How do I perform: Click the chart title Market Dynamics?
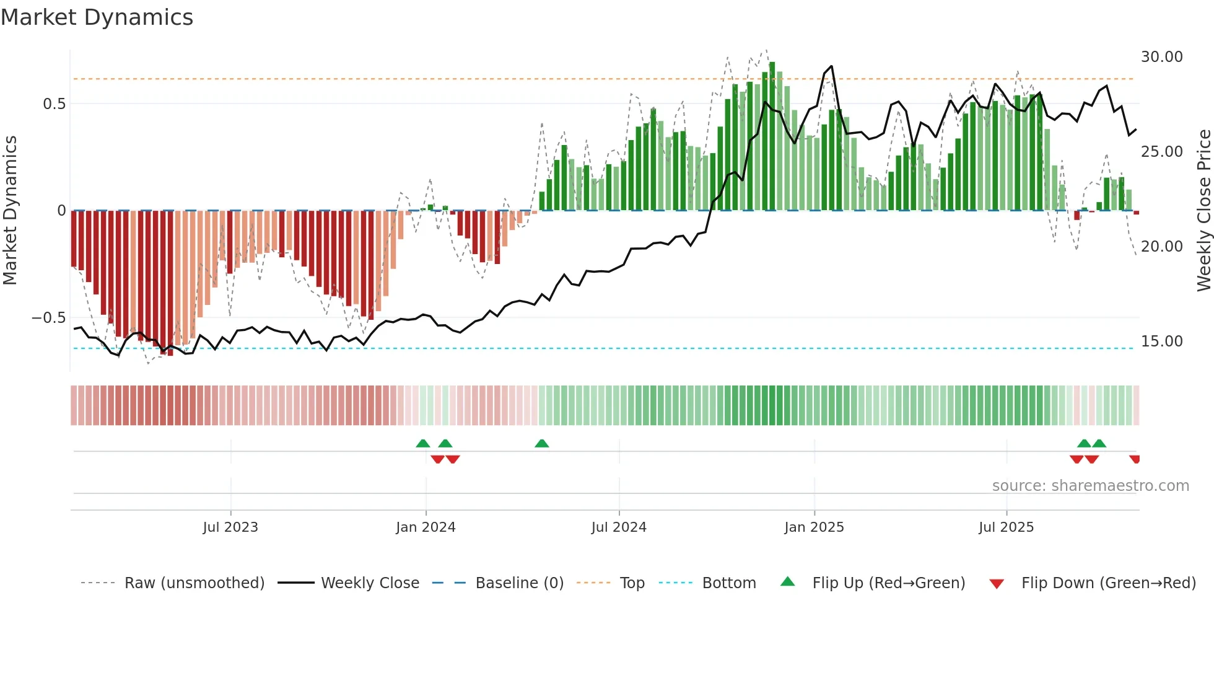(97, 17)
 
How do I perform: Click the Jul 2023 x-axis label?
(230, 527)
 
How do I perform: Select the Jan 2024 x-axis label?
(426, 527)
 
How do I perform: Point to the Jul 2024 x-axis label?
(619, 527)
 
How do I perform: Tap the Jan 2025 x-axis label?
(814, 527)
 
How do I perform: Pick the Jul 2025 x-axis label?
(1006, 527)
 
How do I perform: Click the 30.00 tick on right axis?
(1161, 57)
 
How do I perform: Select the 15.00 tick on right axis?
(1161, 341)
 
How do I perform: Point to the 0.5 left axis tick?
(55, 104)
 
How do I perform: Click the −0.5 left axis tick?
(49, 318)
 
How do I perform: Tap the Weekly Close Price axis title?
(1203, 211)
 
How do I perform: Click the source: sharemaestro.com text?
(1090, 486)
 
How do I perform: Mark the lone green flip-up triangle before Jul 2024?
(541, 443)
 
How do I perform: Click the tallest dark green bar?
(772, 136)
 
